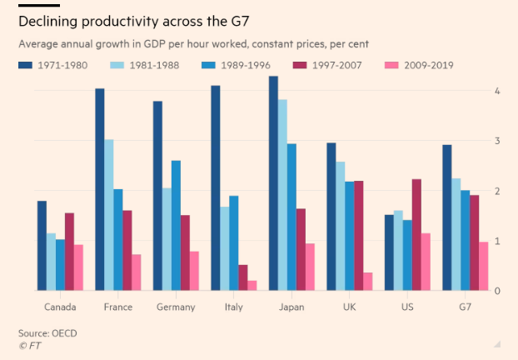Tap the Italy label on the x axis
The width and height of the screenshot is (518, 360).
pyautogui.click(x=233, y=307)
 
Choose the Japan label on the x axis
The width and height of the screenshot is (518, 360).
pyautogui.click(x=291, y=307)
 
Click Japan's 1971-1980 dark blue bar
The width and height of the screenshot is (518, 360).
pyautogui.click(x=273, y=183)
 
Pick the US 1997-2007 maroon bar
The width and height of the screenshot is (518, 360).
pyautogui.click(x=416, y=235)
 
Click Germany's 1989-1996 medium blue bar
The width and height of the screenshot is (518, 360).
pyautogui.click(x=177, y=225)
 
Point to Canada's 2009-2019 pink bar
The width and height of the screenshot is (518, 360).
pyautogui.click(x=78, y=267)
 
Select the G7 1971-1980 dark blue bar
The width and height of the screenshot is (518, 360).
pyautogui.click(x=447, y=217)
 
